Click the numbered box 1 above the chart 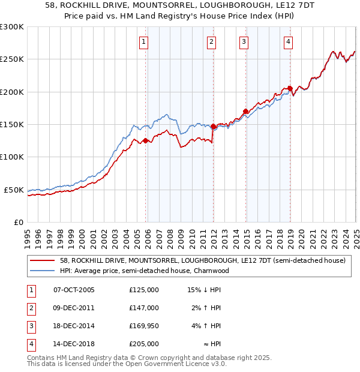click(145, 41)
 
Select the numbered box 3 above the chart click(244, 41)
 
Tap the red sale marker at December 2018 click(290, 89)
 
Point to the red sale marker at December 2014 click(246, 111)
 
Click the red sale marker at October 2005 click(145, 140)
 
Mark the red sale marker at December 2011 click(213, 126)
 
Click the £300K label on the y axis click(12, 27)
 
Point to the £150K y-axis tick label click(12, 125)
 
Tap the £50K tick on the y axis click(14, 190)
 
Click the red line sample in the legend click(43, 261)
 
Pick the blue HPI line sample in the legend click(43, 271)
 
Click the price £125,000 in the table click(144, 290)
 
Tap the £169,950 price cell click(144, 326)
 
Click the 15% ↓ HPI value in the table click(205, 290)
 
